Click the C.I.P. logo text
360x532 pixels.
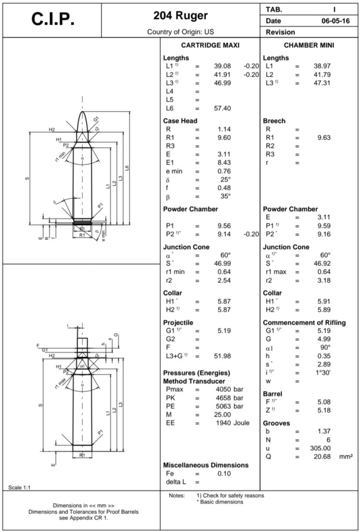53,19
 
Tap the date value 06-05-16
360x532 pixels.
336,21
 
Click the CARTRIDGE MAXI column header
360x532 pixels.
210,46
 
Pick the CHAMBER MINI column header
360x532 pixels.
309,46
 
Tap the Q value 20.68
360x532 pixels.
321,456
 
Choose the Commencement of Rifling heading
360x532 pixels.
304,322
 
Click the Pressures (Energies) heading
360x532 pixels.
197,373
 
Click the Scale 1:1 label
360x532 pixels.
19,487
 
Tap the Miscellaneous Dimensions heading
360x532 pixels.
205,465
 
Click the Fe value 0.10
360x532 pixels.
224,473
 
